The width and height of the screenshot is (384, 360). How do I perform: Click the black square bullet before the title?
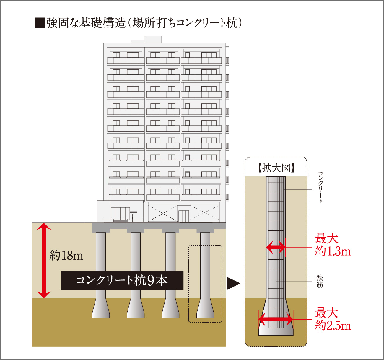pos(40,23)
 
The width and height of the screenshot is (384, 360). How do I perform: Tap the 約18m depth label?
pos(66,256)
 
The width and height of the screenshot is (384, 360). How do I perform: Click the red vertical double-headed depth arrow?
pos(44,260)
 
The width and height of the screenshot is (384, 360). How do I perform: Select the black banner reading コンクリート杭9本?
pos(122,280)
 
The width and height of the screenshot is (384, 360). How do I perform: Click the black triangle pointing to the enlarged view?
pos(233,284)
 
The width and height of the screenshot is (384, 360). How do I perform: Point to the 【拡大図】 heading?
pos(276,168)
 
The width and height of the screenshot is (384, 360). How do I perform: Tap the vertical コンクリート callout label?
pos(320,187)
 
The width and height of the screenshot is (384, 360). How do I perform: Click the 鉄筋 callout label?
pos(320,281)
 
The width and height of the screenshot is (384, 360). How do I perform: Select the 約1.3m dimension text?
pos(333,252)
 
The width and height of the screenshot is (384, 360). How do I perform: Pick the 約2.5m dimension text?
pos(333,326)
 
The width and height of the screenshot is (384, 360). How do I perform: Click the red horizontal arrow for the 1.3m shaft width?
pos(276,247)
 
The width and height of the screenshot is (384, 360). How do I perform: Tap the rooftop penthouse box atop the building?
pos(153,40)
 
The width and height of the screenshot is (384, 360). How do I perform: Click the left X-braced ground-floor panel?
pos(163,213)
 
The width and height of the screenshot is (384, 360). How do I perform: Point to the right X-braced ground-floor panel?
pos(205,212)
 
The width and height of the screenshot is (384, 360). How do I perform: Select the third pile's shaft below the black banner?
pos(170,294)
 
